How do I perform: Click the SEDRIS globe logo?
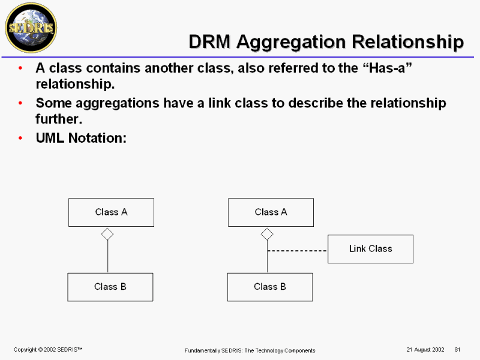(31, 28)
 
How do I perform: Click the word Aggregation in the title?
(291, 42)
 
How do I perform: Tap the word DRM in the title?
(209, 41)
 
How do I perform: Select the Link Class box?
(370, 249)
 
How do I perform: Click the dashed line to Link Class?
(297, 251)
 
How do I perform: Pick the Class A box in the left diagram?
(111, 212)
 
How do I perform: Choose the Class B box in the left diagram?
(110, 287)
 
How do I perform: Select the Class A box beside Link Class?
(271, 212)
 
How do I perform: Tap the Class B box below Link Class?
(270, 287)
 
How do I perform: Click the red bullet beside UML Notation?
(20, 139)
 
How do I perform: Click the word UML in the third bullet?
(50, 138)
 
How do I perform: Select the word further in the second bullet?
(59, 119)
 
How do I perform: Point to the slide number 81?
(457, 350)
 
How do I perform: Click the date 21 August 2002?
(425, 350)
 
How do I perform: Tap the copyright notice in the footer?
(48, 350)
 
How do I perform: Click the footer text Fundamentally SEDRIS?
(213, 350)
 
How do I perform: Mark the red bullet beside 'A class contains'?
(20, 68)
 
